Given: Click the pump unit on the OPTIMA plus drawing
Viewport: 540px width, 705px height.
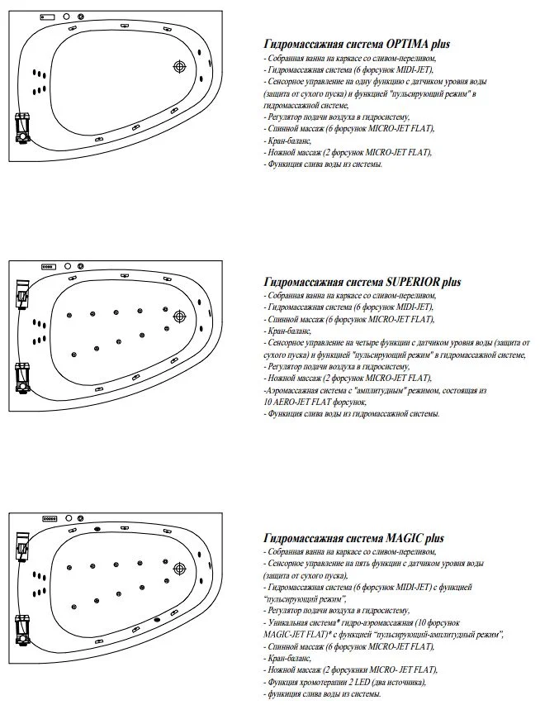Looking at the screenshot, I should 22,128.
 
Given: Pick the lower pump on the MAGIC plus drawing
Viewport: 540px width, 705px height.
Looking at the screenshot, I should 22,628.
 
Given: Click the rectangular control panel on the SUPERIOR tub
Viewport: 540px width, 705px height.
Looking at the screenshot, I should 48,266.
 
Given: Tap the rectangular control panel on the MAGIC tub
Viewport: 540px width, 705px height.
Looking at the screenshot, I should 48,520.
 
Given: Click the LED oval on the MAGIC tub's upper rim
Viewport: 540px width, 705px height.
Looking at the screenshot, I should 97,526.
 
